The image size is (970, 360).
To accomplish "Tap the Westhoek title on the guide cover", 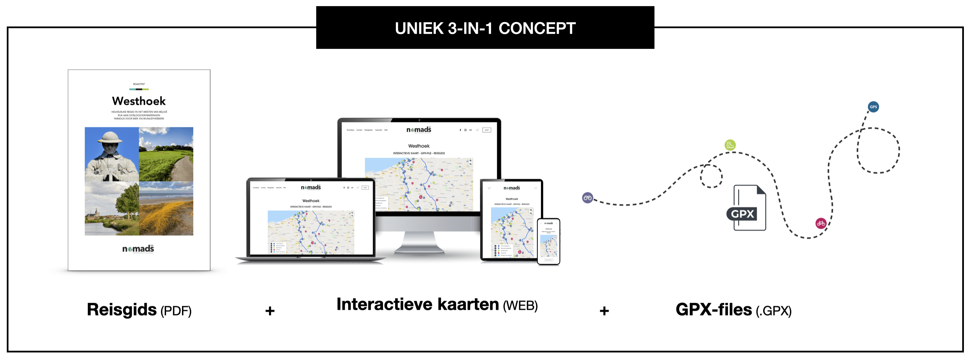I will pos(139,101).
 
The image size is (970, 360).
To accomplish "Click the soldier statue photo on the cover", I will pos(112,154).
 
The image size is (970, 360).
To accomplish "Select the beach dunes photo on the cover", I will pos(166,208).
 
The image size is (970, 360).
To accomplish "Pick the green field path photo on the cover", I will pos(166,154).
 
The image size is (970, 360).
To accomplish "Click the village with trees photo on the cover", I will pos(112,208).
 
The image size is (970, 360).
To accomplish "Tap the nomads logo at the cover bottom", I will pos(138,249).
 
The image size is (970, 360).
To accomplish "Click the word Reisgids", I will pos(122,309).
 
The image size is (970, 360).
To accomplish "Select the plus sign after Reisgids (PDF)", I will pos(269,311).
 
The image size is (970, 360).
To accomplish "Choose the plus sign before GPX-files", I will pos(604,311).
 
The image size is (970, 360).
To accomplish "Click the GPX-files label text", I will pos(713,309).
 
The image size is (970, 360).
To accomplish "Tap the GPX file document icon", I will pos(747,208).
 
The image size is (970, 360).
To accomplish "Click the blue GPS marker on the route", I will pos(873,107).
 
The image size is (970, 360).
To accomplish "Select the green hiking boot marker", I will pos(730,145).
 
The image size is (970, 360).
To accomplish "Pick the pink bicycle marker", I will pos(821,223).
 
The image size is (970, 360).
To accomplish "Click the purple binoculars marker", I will pos(587,198).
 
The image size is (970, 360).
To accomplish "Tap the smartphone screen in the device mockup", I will pos(549,241).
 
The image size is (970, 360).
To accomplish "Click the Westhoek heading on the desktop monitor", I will pos(419,146).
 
